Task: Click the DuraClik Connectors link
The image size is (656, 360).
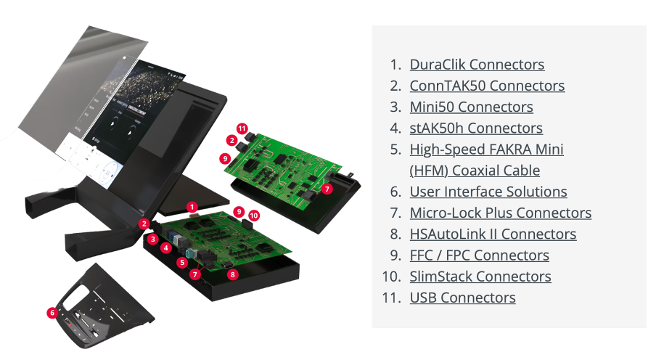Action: click(477, 65)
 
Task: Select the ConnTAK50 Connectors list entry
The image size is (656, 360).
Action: click(487, 86)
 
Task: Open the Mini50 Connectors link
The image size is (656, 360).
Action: click(471, 107)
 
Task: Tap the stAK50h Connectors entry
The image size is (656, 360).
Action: click(476, 128)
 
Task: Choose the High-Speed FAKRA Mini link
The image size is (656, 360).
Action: click(486, 150)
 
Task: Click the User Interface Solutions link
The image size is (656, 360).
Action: click(488, 192)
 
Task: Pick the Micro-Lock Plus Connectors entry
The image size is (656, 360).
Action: click(500, 213)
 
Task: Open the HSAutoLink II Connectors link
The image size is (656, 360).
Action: click(493, 234)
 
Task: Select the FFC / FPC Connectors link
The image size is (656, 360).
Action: click(479, 255)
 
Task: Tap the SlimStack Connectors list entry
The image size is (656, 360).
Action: click(480, 277)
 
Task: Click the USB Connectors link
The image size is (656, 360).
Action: click(462, 298)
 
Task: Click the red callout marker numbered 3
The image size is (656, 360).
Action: click(153, 239)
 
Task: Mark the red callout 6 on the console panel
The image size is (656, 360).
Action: click(52, 313)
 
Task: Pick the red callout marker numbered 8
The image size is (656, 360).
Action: click(232, 274)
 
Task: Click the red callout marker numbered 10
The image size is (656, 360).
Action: click(254, 216)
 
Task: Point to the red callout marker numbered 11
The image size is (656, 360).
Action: click(242, 128)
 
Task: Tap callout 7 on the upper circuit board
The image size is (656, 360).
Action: click(327, 189)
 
